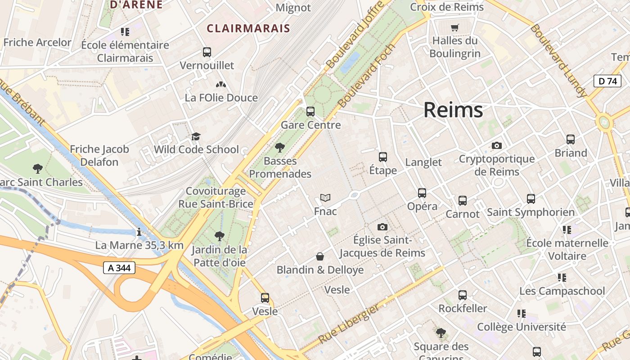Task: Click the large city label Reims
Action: click(453, 110)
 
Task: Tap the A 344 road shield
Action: click(119, 268)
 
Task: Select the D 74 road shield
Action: click(607, 81)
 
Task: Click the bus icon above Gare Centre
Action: click(310, 111)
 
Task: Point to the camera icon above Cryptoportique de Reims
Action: click(497, 145)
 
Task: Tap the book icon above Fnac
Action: click(325, 198)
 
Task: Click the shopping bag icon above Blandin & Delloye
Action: click(320, 256)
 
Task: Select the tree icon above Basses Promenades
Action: click(280, 147)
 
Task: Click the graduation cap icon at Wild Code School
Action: click(196, 136)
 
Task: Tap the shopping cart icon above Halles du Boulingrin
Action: click(455, 28)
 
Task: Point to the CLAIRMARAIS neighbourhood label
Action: click(248, 28)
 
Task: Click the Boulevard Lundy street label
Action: click(558, 61)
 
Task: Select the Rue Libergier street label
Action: click(349, 324)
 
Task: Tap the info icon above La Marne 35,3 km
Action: click(139, 232)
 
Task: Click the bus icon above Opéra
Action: click(422, 193)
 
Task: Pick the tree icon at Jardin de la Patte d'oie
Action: click(219, 236)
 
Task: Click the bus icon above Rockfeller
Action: click(463, 295)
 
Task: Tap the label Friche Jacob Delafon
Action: click(99, 155)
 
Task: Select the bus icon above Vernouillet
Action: click(207, 52)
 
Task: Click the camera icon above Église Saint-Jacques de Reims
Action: click(382, 227)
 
